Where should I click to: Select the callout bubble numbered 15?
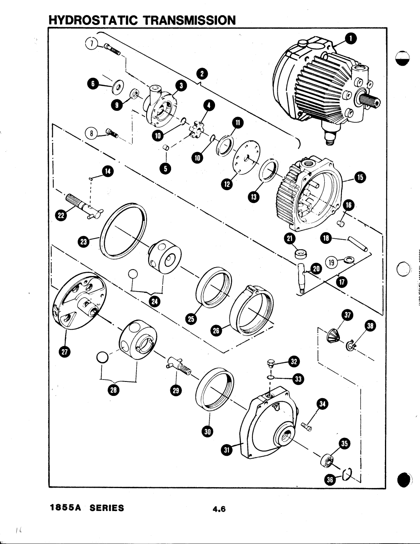(x=360, y=178)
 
